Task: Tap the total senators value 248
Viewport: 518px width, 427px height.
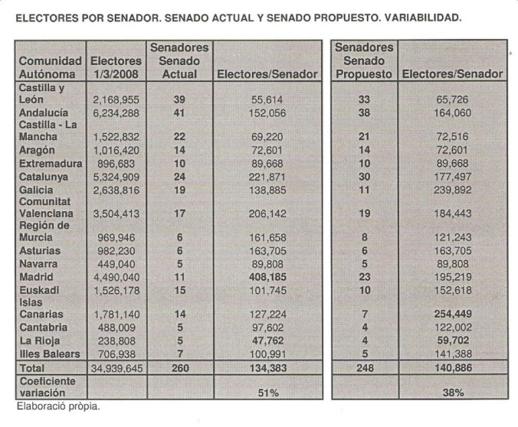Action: pos(364,367)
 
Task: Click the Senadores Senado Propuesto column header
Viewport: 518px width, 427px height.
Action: pos(364,60)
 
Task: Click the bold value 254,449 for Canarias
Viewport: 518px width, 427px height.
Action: pos(451,314)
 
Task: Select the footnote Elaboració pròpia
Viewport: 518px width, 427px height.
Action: pos(58,406)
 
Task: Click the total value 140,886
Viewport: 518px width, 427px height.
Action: pos(451,367)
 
